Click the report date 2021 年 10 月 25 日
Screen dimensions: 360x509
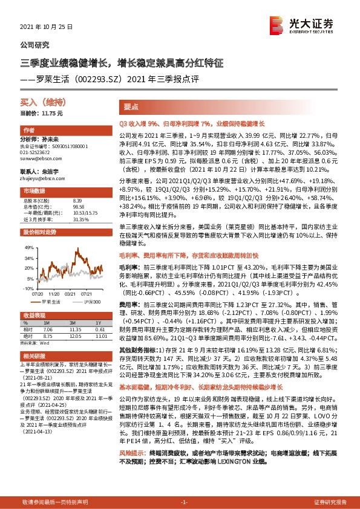click(x=46, y=27)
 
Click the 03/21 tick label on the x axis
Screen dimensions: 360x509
click(x=70, y=294)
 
